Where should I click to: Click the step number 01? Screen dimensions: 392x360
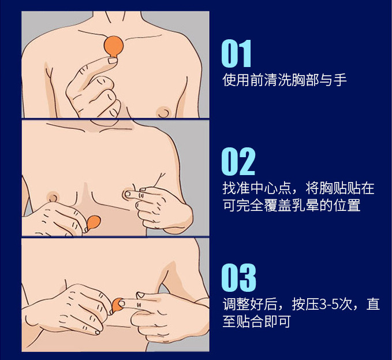236,54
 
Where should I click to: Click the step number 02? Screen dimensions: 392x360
238,161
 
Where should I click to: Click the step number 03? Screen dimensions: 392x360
239,278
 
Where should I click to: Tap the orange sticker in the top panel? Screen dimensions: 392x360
114,46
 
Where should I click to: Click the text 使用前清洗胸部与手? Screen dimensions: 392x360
285,80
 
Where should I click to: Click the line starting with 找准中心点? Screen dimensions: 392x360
298,188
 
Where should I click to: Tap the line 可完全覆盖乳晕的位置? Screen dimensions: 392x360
292,205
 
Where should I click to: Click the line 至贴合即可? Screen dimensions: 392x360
256,321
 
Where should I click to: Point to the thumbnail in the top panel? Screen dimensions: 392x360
113,61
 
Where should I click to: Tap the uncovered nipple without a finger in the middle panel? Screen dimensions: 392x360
53,196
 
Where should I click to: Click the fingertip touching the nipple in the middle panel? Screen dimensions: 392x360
128,194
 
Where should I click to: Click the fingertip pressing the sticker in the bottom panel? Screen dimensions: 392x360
122,304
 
